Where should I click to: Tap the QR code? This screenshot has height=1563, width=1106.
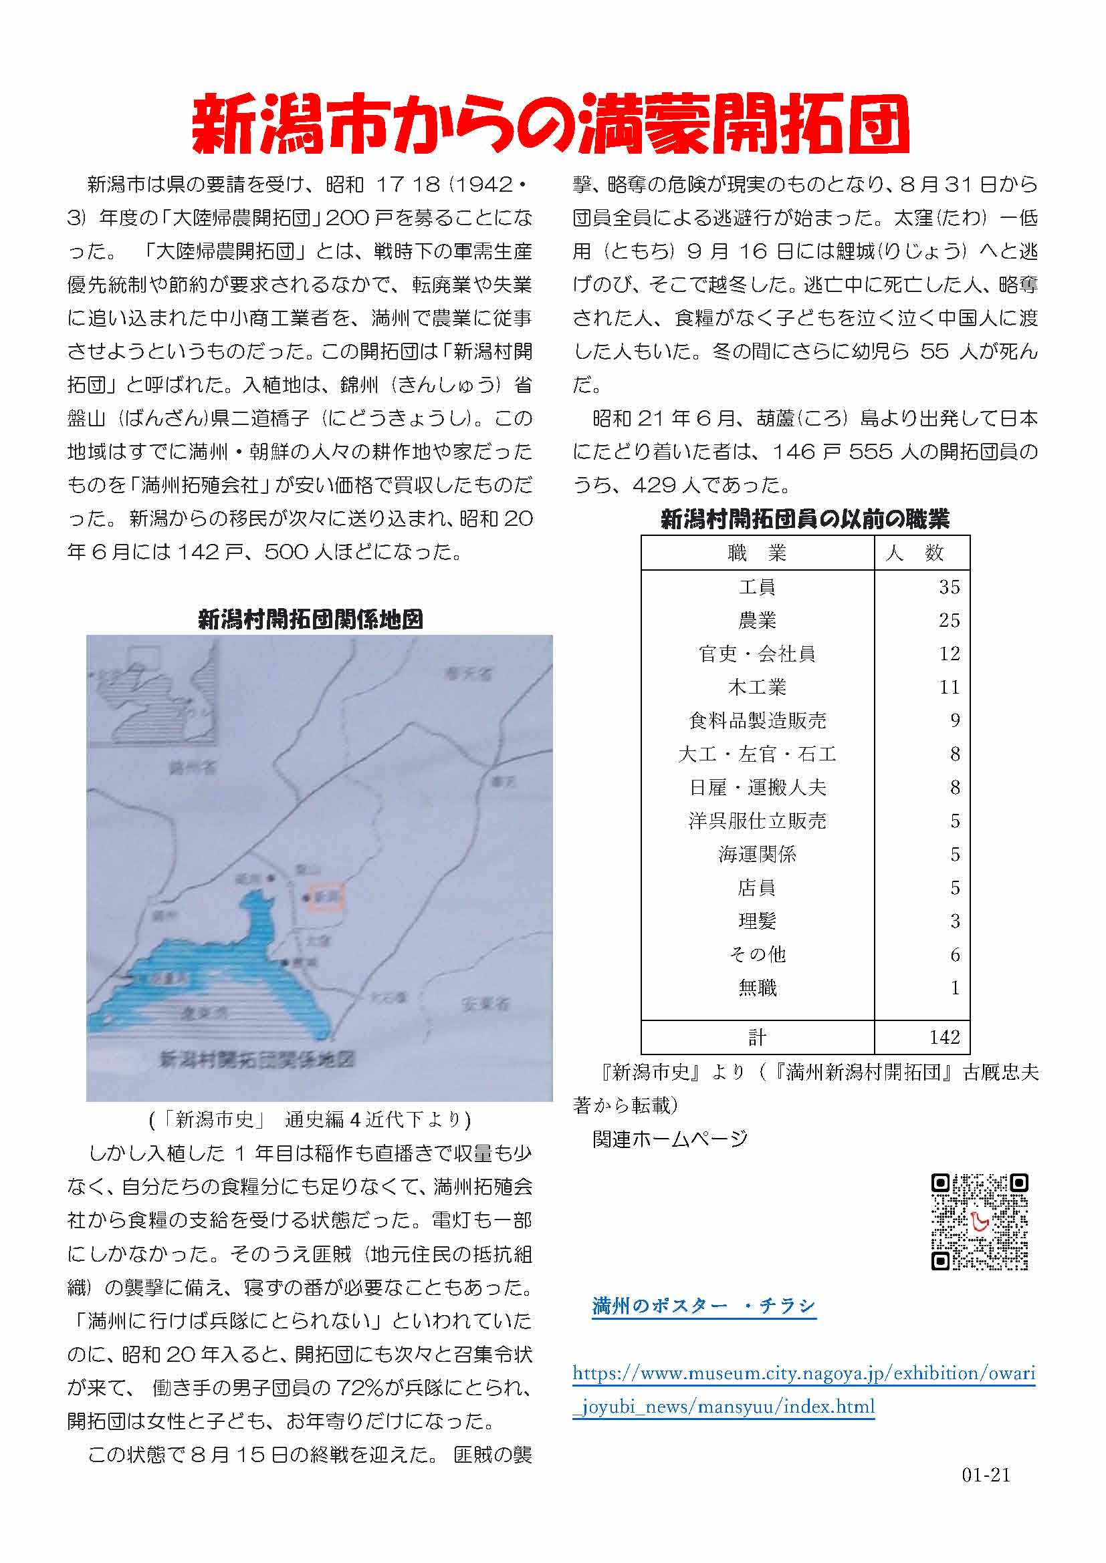pos(980,1222)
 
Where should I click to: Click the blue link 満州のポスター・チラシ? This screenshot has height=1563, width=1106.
pos(703,1306)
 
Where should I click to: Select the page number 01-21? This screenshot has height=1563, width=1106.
pos(986,1494)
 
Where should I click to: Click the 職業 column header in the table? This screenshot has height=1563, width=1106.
pos(757,553)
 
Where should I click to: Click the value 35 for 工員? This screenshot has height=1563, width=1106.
pos(949,587)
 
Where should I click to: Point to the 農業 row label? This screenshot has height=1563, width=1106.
pos(757,621)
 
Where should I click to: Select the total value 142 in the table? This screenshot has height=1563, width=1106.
pos(944,1038)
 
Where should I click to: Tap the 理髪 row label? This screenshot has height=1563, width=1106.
pos(757,921)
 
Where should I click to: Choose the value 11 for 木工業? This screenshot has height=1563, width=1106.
pos(949,688)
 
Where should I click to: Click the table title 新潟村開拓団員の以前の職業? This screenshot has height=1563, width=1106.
pos(805,520)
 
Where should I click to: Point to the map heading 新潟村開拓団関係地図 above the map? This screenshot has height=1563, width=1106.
pos(310,619)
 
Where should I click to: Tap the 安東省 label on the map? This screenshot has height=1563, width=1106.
pos(485,1004)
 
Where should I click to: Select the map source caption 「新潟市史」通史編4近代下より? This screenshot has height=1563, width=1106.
pos(310,1120)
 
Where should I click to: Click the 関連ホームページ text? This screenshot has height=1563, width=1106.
pos(669,1139)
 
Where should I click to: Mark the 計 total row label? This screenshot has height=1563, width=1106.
pos(757,1038)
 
